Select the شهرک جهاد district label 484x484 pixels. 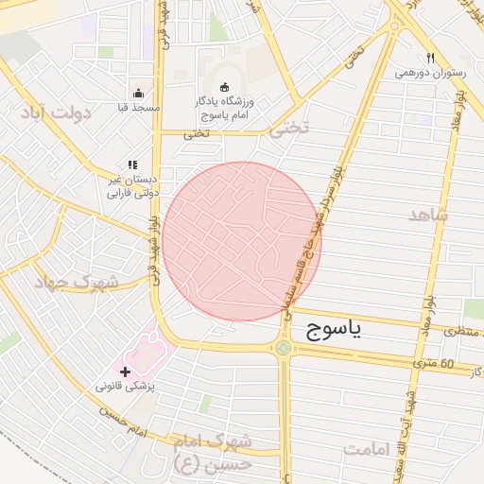point(77,283)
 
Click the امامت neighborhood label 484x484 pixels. point(367,449)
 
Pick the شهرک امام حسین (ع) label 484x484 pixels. point(214,453)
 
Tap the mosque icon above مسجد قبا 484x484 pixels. point(139,93)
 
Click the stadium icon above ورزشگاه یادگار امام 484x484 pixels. point(224,87)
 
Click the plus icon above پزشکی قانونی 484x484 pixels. point(126,372)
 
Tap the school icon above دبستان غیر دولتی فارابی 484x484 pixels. point(132,164)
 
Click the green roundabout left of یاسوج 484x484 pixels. point(283,348)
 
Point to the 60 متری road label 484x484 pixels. point(434,363)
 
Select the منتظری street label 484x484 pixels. point(463,332)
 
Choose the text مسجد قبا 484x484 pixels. point(140,108)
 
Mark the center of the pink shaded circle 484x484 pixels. point(242,241)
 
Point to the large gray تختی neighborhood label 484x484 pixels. point(288,130)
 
